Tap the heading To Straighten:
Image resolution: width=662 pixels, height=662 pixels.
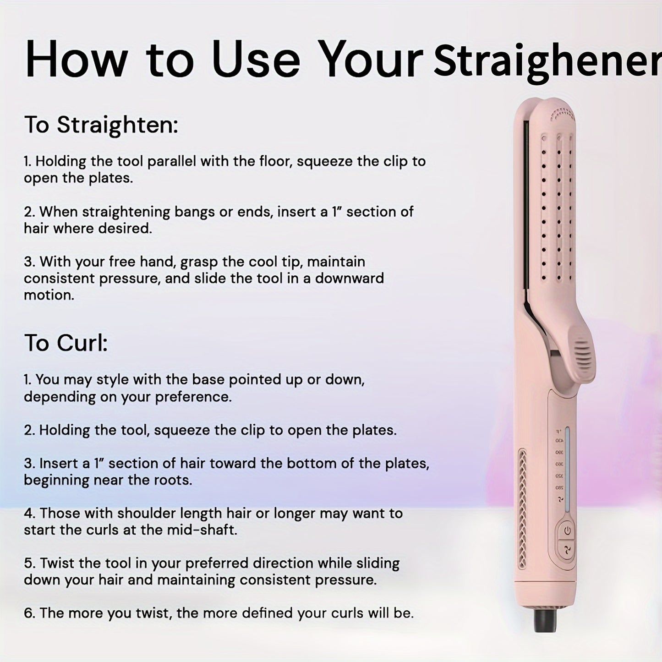101,125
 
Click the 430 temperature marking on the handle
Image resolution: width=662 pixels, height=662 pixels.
559,441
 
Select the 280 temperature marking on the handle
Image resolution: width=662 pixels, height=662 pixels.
559,488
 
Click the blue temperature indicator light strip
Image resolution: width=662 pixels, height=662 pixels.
567,470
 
